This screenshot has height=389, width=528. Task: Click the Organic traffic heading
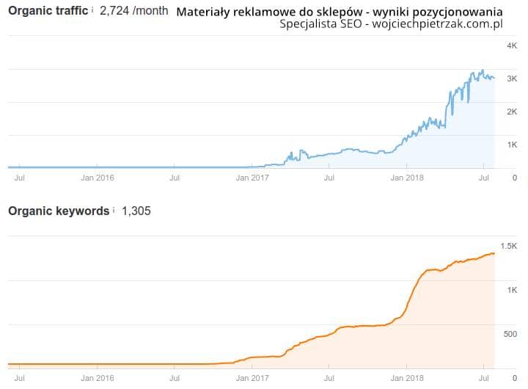[x=48, y=11]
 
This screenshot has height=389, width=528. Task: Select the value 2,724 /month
[x=133, y=12]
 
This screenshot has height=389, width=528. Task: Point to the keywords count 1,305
[x=136, y=211]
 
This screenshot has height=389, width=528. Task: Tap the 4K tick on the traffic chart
[x=512, y=46]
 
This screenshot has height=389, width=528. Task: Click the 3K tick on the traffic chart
[x=512, y=79]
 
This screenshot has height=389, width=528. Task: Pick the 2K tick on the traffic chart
[x=512, y=112]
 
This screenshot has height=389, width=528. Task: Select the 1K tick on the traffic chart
[x=512, y=145]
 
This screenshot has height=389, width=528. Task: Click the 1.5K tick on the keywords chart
[x=509, y=246]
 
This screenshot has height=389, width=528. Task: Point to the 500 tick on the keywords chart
[x=510, y=334]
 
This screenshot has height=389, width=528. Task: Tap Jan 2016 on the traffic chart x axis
[x=97, y=177]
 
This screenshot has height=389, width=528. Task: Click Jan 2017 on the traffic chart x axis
[x=252, y=177]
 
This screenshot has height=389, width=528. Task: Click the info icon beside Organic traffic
[x=92, y=11]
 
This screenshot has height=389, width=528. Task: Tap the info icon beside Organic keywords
[x=114, y=211]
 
